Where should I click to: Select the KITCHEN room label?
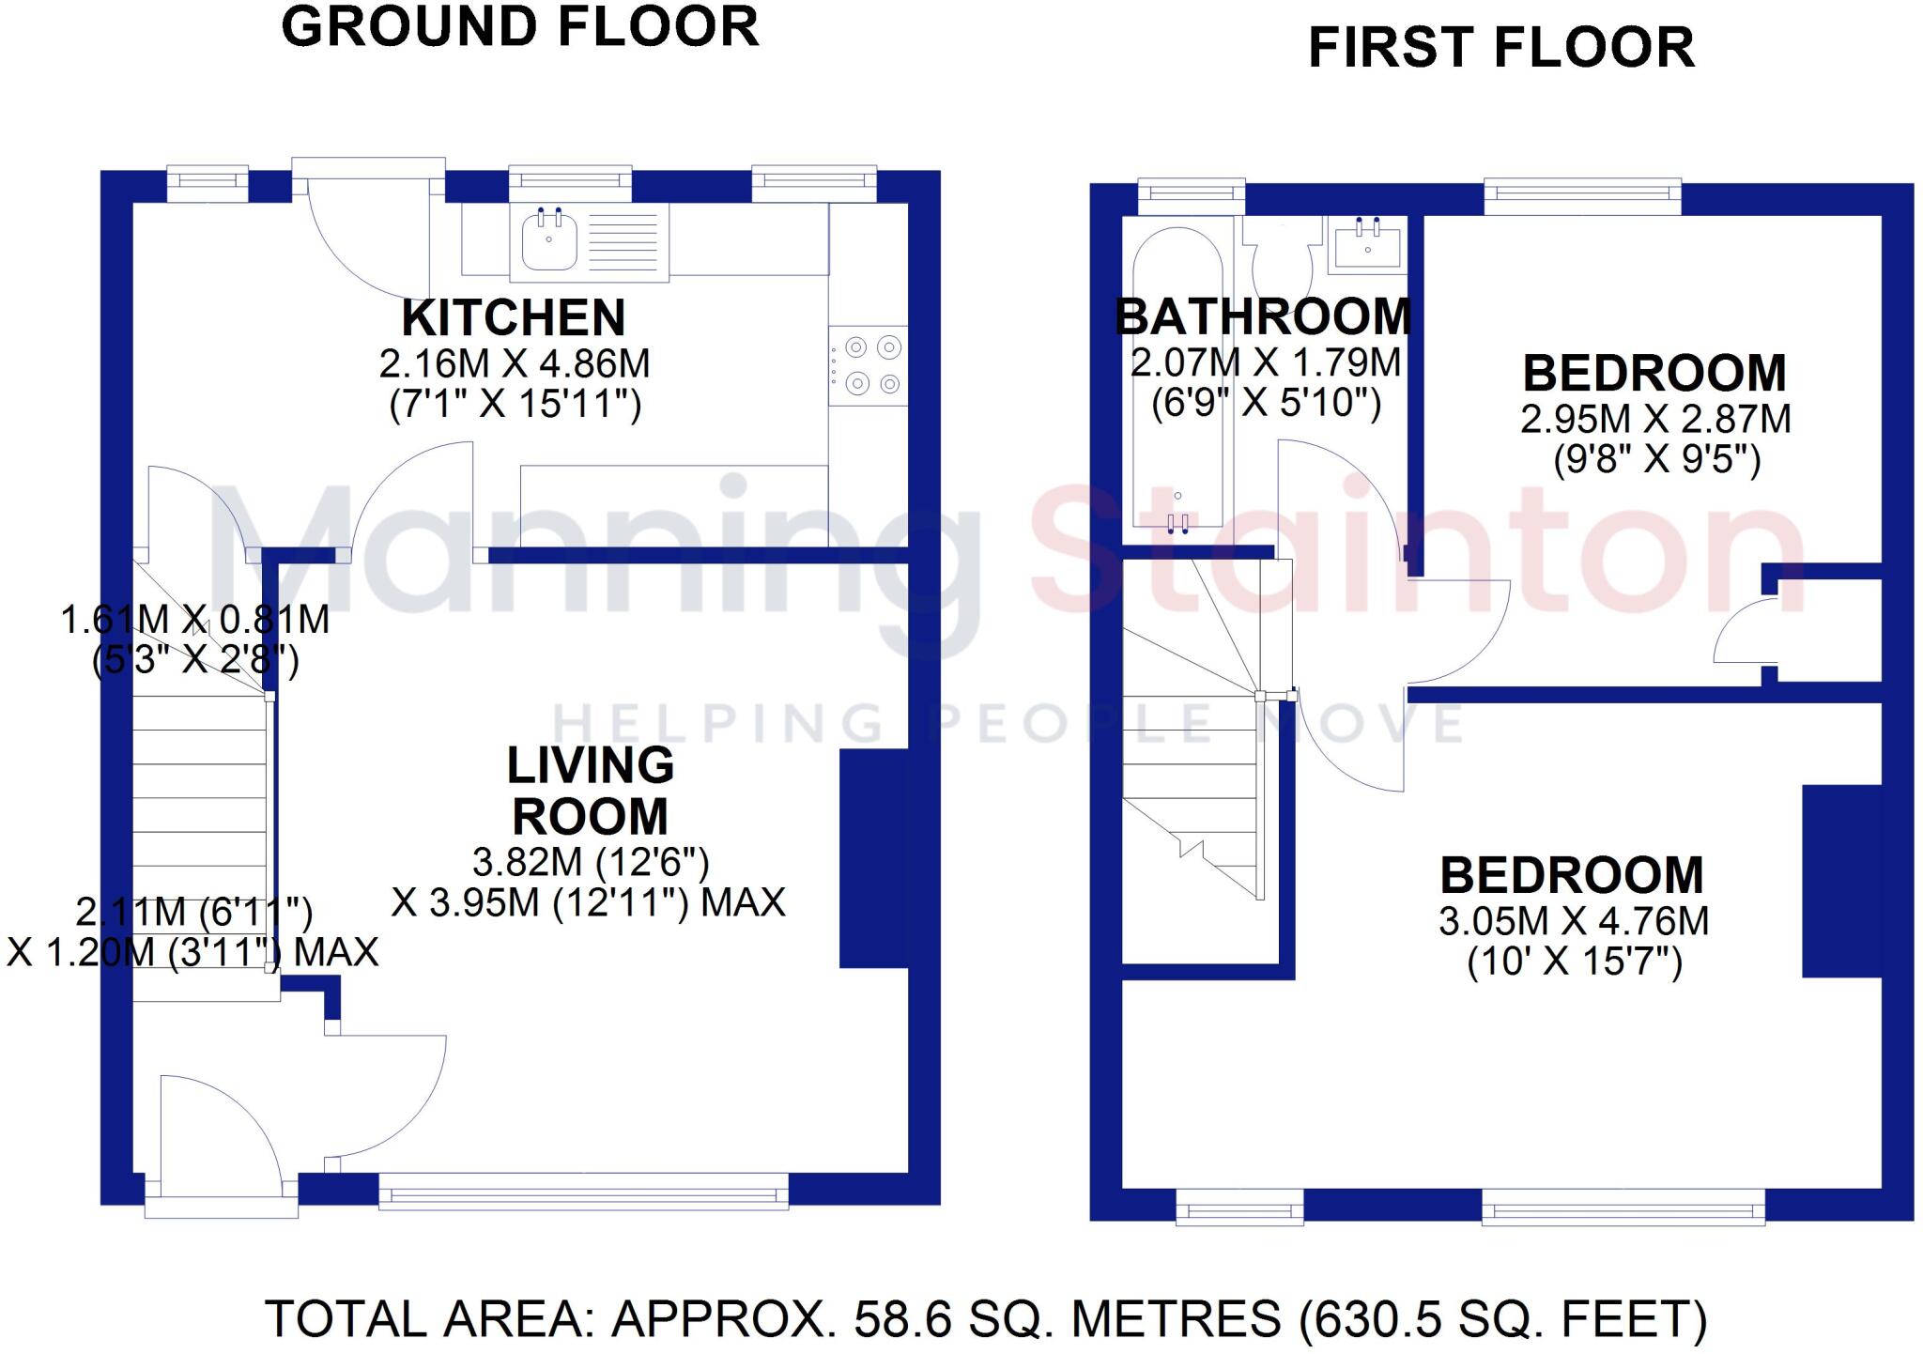click(514, 318)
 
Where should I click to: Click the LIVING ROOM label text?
click(590, 791)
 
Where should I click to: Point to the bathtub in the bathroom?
click(1177, 376)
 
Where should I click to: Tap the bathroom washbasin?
click(1367, 244)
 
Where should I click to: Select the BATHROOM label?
click(1263, 316)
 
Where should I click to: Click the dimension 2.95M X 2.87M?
click(1655, 419)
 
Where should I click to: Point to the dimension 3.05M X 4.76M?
click(1574, 921)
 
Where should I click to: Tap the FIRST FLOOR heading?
click(1501, 48)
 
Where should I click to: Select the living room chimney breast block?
click(873, 858)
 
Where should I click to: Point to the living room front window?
click(584, 1193)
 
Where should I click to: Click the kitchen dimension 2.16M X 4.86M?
click(515, 363)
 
